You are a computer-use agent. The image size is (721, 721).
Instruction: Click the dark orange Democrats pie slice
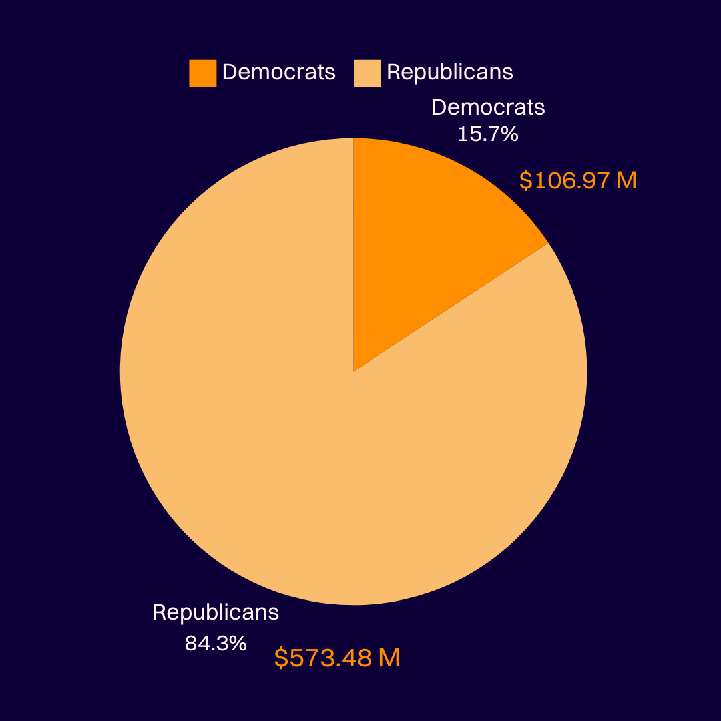pyautogui.click(x=427, y=240)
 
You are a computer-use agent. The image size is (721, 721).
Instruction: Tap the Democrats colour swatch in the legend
pyautogui.click(x=203, y=73)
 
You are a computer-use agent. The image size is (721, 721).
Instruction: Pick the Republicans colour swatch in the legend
pyautogui.click(x=367, y=73)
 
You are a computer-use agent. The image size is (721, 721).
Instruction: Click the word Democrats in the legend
pyautogui.click(x=279, y=72)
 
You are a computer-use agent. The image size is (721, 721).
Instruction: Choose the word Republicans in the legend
pyautogui.click(x=450, y=72)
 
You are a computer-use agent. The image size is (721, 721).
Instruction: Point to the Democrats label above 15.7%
pyautogui.click(x=488, y=107)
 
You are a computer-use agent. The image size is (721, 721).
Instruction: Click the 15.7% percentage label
pyautogui.click(x=488, y=134)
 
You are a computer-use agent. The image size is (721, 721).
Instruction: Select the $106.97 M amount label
pyautogui.click(x=577, y=180)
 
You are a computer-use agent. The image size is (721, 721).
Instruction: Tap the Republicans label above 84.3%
pyautogui.click(x=216, y=612)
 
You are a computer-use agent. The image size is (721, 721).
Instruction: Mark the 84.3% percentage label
pyautogui.click(x=216, y=644)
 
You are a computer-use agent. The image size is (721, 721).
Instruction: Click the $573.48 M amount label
pyautogui.click(x=337, y=658)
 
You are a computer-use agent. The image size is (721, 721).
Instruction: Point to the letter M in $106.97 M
pyautogui.click(x=626, y=180)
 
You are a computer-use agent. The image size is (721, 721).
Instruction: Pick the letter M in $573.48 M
pyautogui.click(x=389, y=658)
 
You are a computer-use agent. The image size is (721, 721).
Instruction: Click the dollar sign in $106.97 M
pyautogui.click(x=526, y=180)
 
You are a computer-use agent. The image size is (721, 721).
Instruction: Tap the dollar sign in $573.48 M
pyautogui.click(x=282, y=658)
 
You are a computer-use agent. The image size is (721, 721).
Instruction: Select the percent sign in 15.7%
pyautogui.click(x=510, y=134)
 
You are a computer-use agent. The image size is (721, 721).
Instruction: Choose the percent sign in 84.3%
pyautogui.click(x=238, y=644)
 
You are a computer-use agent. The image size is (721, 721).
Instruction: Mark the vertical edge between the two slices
pyautogui.click(x=353, y=254)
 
